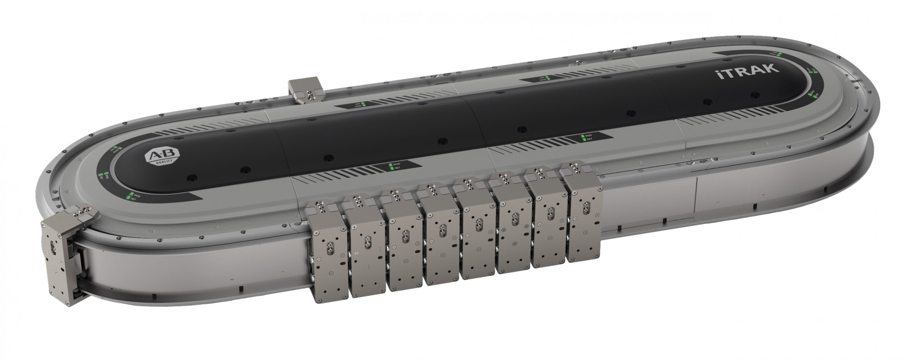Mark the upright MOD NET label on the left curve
(x=134, y=196)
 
